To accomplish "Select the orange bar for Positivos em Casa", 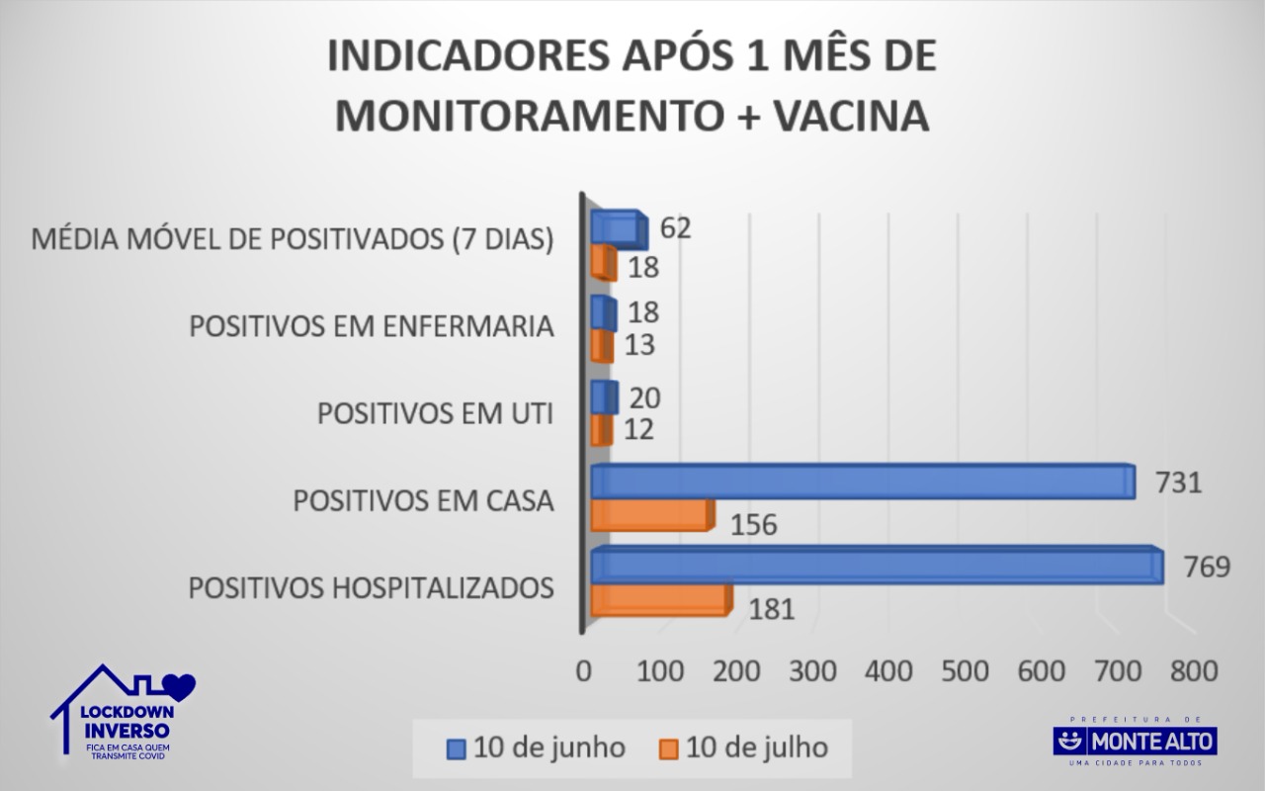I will (650, 514).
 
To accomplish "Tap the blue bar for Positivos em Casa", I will (862, 482).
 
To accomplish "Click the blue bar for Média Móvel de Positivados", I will (618, 228).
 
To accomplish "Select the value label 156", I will (754, 524).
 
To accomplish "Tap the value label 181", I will (771, 609).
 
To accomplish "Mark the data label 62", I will (675, 227).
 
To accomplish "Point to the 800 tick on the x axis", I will (1193, 670).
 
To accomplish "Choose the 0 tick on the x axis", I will (584, 670).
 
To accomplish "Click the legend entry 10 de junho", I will (537, 747).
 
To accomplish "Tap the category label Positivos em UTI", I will (435, 414).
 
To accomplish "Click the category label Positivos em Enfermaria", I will (371, 327).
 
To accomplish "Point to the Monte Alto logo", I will (1135, 741).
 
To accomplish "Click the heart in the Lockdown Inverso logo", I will (182, 683).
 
